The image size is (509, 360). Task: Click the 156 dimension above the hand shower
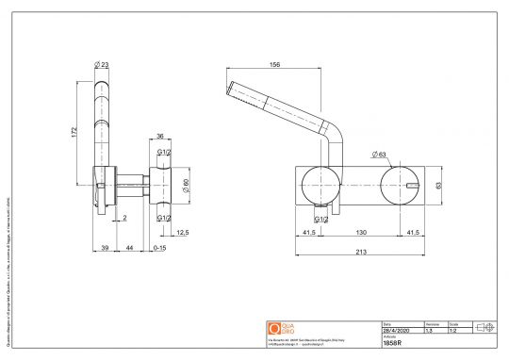coord(275,65)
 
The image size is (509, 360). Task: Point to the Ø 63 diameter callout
coord(381,154)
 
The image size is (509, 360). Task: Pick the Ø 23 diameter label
coord(103,64)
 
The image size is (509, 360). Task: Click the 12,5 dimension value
coord(183,233)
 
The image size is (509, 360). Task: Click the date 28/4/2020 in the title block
coord(396,331)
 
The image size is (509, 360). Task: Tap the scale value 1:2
coord(453,331)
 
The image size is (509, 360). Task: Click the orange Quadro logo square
coord(275,329)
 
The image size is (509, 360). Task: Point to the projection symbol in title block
coord(487,327)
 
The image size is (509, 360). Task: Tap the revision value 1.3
coord(431,331)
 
